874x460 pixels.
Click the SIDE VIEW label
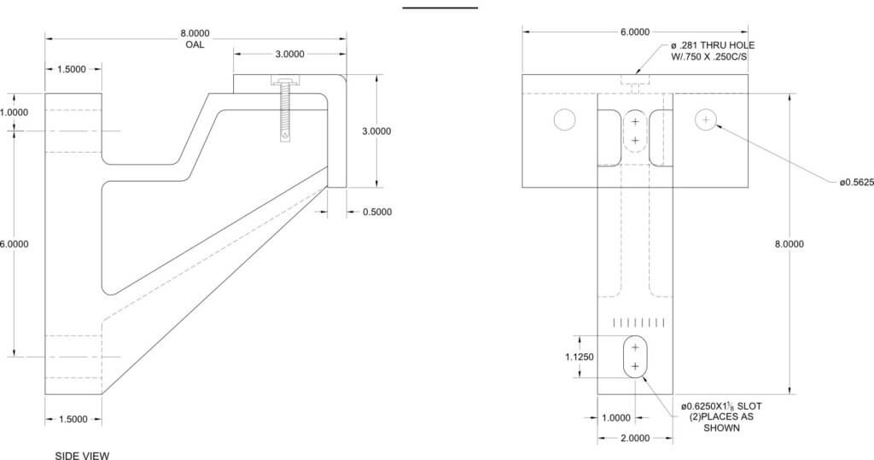point(82,455)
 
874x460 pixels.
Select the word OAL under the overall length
point(195,44)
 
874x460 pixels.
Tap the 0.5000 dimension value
point(376,212)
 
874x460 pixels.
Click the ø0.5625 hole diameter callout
point(856,181)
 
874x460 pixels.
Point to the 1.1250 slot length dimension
point(580,358)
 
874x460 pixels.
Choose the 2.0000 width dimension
point(634,438)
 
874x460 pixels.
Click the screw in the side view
point(283,108)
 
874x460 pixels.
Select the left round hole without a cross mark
point(564,119)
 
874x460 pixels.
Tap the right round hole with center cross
point(705,119)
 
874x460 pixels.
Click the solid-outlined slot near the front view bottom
point(635,357)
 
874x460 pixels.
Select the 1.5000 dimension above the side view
point(72,69)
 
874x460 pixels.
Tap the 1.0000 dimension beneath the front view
point(615,417)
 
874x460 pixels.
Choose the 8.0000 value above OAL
point(195,33)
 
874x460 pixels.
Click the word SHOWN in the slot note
point(721,428)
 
